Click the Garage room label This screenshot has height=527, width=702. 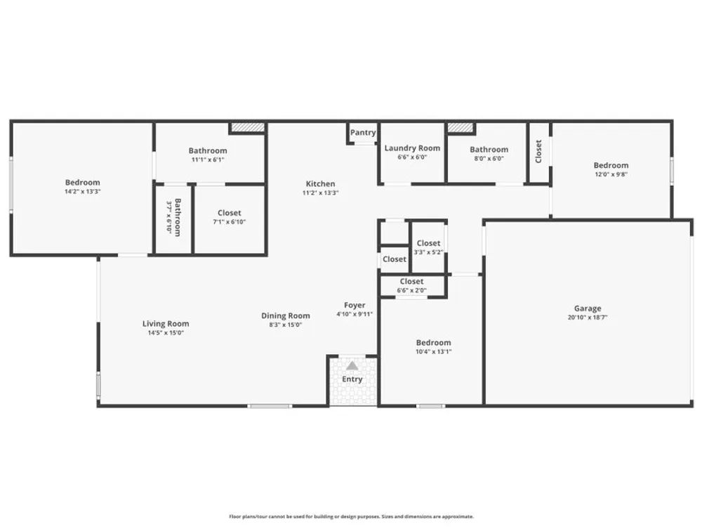click(x=588, y=308)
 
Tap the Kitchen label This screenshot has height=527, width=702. click(x=320, y=183)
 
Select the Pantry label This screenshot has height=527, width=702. click(x=363, y=133)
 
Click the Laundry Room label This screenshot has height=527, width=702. click(x=412, y=148)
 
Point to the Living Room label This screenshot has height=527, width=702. click(x=166, y=323)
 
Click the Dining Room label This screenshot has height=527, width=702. click(x=286, y=316)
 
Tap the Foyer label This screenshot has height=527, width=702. click(x=355, y=306)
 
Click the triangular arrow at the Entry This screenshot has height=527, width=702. click(x=352, y=366)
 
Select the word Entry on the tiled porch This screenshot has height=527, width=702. click(x=352, y=379)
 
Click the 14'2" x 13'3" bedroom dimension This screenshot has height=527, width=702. click(x=82, y=191)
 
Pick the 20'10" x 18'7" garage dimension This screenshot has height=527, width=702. click(x=588, y=318)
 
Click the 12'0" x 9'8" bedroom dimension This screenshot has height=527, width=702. click(x=611, y=174)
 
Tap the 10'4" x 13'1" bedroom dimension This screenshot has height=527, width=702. click(x=433, y=352)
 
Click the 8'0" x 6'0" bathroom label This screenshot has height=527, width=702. click(x=489, y=158)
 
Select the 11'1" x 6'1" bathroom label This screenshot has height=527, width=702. click(x=208, y=160)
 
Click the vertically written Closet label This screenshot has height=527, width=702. click(x=538, y=152)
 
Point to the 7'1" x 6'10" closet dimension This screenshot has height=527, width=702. click(x=230, y=222)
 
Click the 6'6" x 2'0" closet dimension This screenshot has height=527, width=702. click(x=412, y=290)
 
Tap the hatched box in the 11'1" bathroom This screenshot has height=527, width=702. click(x=248, y=128)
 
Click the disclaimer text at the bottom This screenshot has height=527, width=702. click(x=352, y=516)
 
